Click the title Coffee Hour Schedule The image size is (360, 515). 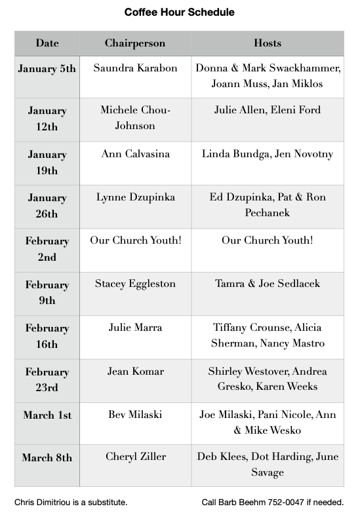179,12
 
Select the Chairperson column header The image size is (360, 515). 135,43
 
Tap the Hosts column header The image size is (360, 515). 267,43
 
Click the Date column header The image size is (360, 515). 47,43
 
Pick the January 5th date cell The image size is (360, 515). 47,68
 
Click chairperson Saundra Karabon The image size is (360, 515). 135,67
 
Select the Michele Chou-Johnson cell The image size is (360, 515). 135,117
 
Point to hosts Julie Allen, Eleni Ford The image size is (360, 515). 267,110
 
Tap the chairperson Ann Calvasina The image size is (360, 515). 135,154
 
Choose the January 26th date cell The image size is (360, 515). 47,206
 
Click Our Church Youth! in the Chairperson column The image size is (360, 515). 135,240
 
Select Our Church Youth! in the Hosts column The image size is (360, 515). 267,240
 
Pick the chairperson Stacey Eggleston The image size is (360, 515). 135,284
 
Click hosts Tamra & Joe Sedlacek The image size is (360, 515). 267,284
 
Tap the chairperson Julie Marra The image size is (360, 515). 135,328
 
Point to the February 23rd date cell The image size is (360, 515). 47,379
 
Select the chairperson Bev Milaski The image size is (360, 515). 135,415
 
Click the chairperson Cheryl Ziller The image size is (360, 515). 135,457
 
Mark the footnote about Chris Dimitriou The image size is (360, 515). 71,503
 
